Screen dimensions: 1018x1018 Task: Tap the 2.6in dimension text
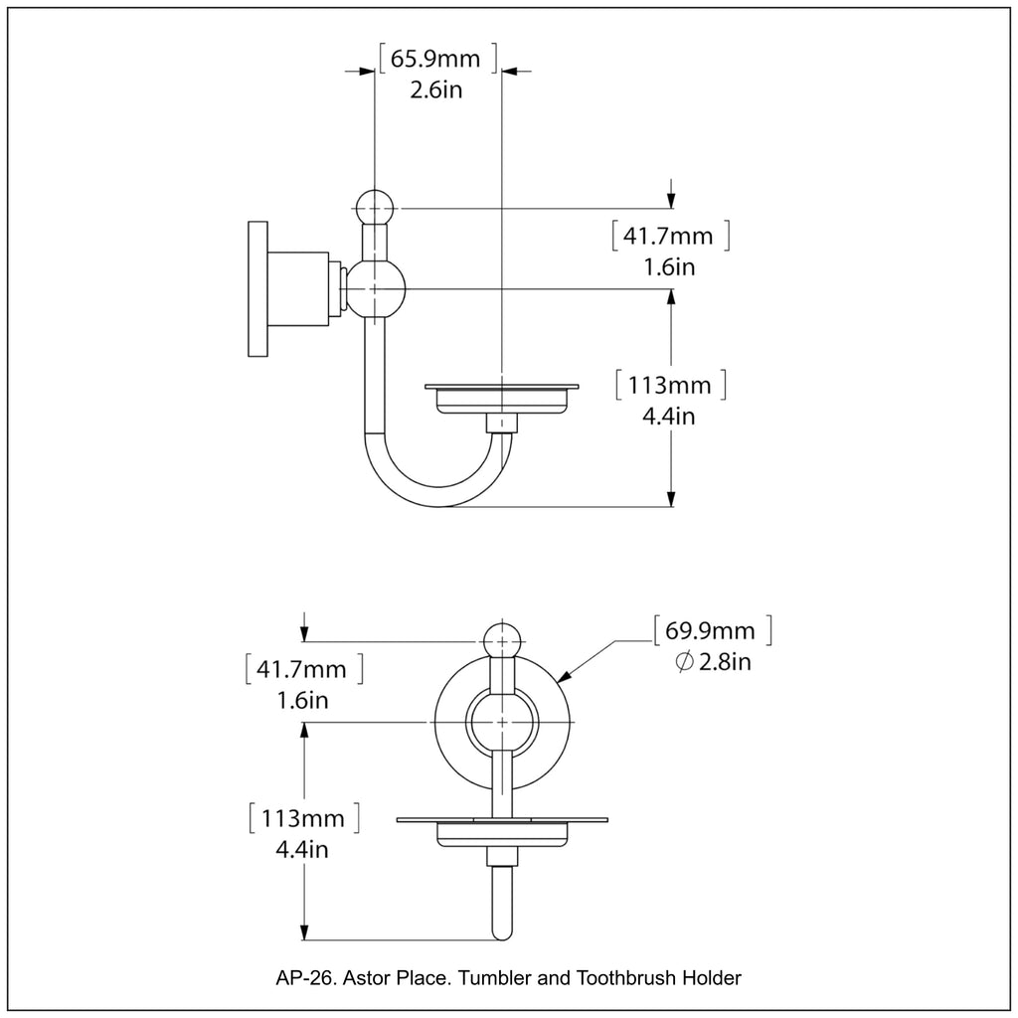pos(436,89)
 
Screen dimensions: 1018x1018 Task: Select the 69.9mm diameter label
pos(711,630)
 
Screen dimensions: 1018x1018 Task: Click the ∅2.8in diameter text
pos(713,662)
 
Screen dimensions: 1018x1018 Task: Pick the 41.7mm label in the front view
pos(302,669)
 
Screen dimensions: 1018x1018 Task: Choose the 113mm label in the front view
pos(302,819)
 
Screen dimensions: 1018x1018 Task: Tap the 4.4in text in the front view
pos(302,849)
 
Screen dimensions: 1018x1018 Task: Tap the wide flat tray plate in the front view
pos(503,820)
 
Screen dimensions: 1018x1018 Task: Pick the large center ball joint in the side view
pos(375,288)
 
